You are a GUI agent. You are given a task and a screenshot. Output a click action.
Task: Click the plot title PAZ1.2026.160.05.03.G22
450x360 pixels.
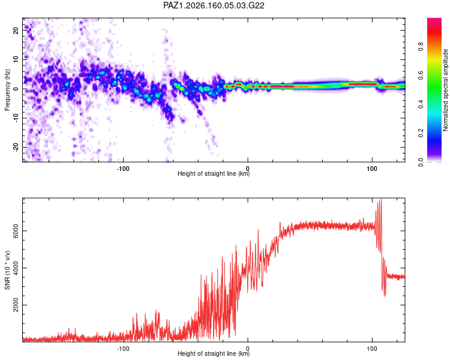click(214, 5)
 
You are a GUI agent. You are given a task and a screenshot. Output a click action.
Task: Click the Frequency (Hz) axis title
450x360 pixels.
click(7, 90)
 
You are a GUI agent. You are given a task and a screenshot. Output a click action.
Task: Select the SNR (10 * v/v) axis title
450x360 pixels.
click(7, 270)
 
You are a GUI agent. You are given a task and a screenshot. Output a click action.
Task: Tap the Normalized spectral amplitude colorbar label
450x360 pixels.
click(445, 90)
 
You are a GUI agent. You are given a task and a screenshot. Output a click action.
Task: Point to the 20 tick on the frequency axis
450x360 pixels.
click(16, 31)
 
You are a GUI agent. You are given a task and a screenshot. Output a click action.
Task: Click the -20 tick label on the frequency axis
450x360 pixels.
click(16, 147)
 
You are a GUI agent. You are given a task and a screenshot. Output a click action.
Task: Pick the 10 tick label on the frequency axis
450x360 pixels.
click(16, 60)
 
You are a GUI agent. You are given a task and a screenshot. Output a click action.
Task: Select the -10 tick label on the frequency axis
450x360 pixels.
click(16, 118)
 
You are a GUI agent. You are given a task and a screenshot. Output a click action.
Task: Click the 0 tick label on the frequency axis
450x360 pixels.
click(16, 89)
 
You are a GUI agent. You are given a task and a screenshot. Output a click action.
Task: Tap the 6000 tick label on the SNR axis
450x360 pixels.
click(16, 231)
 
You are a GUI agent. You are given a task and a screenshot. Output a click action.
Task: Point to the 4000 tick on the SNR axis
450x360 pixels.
click(16, 268)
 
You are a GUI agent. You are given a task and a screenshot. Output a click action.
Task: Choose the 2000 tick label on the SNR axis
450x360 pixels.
click(16, 305)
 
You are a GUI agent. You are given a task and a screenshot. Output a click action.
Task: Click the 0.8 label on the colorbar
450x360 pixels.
click(421, 47)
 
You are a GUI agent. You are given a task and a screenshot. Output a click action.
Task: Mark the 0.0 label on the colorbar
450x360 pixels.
click(421, 162)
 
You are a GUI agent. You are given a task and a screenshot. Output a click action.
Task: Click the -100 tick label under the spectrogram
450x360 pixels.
click(123, 169)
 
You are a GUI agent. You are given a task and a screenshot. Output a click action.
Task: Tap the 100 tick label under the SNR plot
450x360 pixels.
click(372, 349)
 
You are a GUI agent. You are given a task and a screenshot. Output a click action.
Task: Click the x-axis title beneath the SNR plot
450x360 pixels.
click(214, 353)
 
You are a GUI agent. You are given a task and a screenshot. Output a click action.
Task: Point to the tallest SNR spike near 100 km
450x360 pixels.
click(381, 199)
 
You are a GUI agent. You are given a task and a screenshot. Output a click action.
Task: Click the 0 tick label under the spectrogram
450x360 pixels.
click(248, 169)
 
